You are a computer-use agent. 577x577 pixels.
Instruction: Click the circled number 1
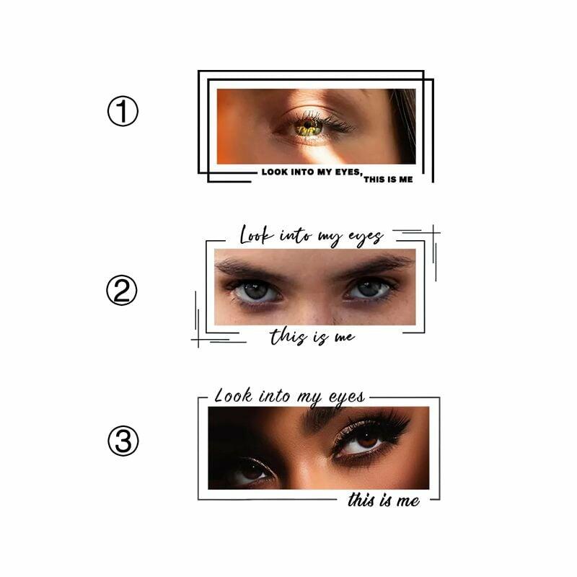pos(123,111)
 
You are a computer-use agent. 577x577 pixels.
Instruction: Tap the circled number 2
pos(122,290)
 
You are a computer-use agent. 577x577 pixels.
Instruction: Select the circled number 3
pos(123,441)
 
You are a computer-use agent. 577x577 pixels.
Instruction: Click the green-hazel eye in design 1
pos(309,127)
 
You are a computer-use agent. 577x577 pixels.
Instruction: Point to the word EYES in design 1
pos(348,172)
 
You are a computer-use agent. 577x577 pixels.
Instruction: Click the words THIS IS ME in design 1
pos(388,179)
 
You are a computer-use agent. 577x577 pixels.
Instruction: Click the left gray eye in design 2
pos(257,291)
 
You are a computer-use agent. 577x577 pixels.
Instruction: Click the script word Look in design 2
pos(257,236)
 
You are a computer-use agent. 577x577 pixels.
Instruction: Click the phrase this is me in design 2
pos(312,337)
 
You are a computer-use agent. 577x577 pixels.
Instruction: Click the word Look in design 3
pos(233,396)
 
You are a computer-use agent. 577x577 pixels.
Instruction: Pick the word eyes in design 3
pos(347,398)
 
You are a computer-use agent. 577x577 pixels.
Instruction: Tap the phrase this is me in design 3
pos(384,500)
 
